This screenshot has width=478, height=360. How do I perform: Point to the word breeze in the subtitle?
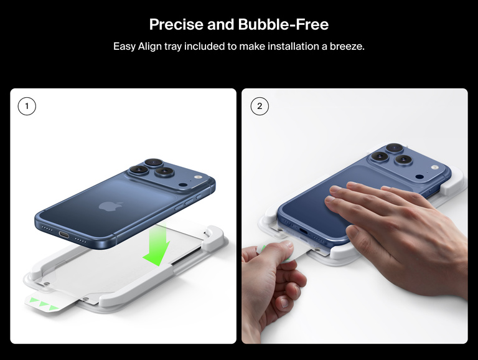[345, 47]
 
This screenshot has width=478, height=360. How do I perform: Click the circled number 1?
[27, 107]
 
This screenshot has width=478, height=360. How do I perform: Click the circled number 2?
[260, 107]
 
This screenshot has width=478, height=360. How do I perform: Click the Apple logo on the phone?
[106, 206]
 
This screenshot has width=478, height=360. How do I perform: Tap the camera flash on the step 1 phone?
[183, 186]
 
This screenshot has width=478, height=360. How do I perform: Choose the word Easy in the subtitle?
[124, 47]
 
